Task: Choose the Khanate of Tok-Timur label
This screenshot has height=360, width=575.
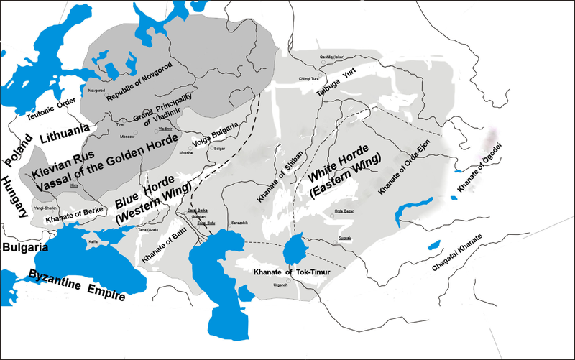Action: (293, 272)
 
